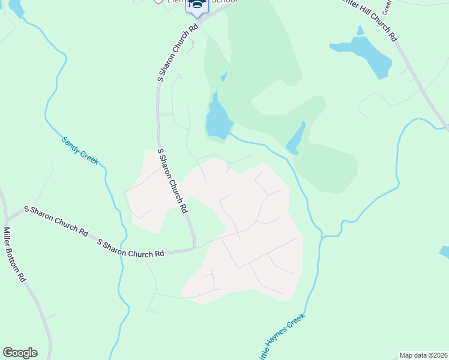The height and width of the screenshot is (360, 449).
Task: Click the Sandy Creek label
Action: pos(80,151)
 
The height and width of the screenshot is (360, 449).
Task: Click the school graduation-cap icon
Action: pos(197,5)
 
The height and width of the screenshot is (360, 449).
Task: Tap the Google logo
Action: pos(20,353)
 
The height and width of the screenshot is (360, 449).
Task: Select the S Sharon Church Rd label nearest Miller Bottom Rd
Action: pos(55,220)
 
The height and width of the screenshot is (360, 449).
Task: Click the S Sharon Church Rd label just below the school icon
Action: pos(177,53)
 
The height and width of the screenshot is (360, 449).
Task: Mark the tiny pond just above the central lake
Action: pos(223,76)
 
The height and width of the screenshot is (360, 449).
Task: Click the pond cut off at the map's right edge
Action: pos(445,252)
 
